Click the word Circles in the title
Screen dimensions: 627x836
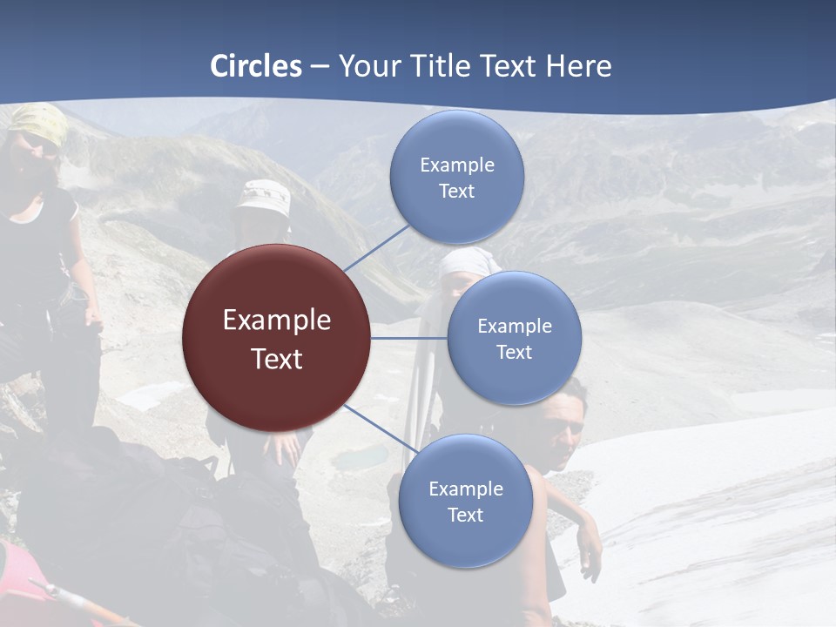[256, 66]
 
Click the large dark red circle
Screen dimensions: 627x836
[276, 338]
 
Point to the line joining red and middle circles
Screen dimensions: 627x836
[408, 338]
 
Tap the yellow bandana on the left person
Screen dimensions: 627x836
[39, 122]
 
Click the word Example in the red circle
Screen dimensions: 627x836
[276, 320]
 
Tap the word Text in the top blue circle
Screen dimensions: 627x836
[456, 192]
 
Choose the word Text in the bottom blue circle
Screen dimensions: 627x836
[465, 516]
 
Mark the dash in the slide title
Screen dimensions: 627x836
[320, 66]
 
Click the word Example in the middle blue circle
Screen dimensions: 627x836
[514, 327]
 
